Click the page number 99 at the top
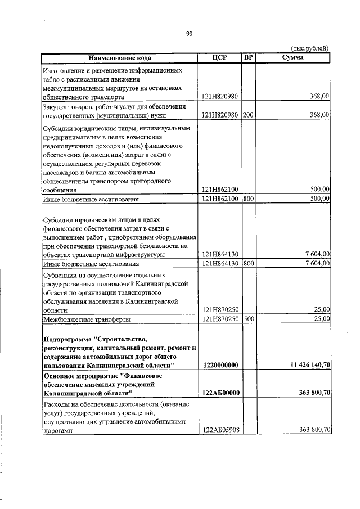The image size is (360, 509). click(x=190, y=34)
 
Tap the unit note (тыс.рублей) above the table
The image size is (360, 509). click(x=310, y=49)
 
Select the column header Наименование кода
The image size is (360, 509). click(x=119, y=58)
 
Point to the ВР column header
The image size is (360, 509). click(x=248, y=58)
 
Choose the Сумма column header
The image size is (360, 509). click(x=292, y=58)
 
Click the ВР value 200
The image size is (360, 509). click(x=248, y=115)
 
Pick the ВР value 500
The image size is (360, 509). click(x=248, y=319)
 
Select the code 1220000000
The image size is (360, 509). click(x=219, y=365)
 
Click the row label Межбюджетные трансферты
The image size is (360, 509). click(x=87, y=319)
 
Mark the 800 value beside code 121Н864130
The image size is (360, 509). click(x=248, y=263)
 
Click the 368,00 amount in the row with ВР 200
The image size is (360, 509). click(x=319, y=115)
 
